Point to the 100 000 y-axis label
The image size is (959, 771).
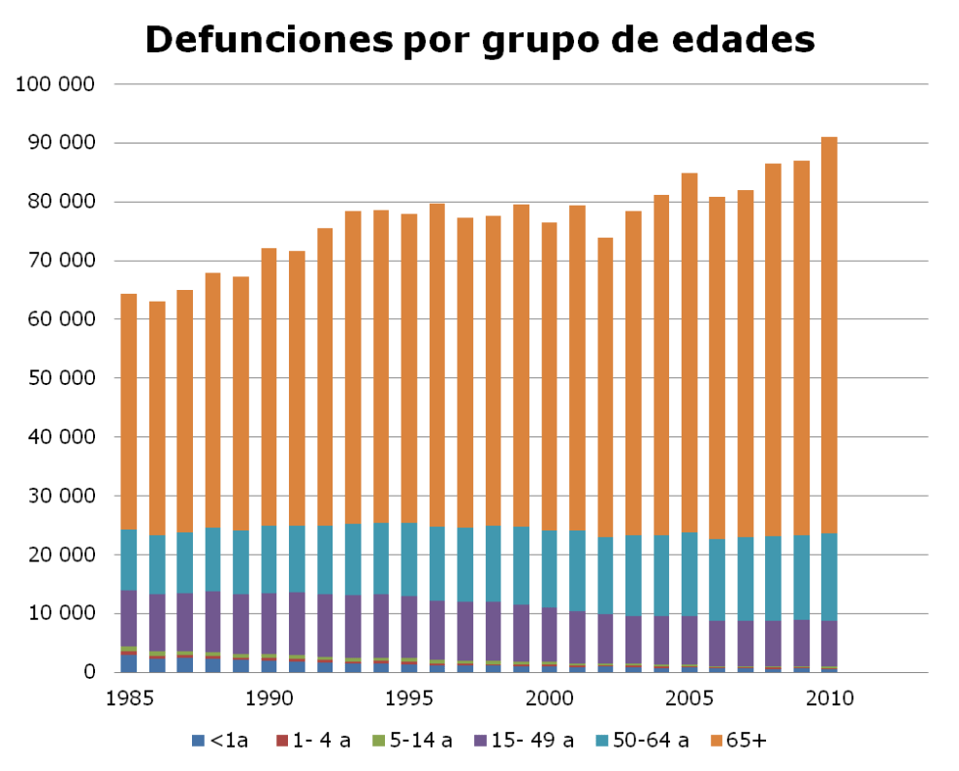coord(56,84)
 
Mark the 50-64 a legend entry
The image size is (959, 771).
coord(643,741)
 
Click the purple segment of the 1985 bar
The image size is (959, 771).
coord(129,618)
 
